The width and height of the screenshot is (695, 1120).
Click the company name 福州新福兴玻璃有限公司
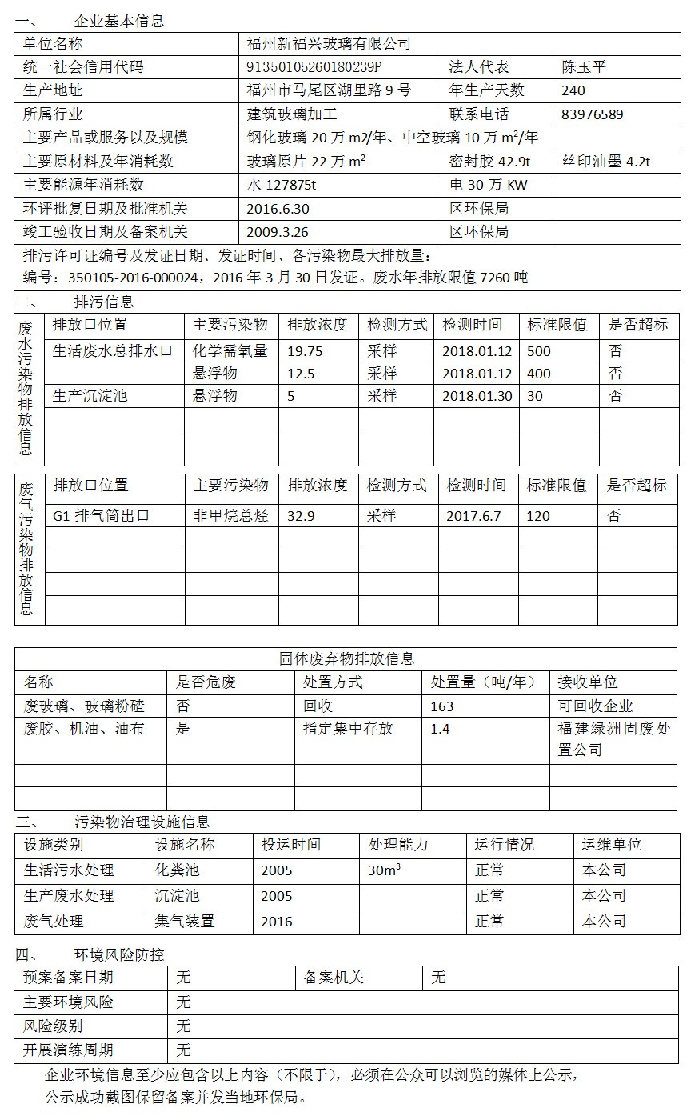pyautogui.click(x=329, y=44)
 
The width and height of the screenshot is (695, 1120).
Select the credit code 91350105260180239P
pyautogui.click(x=314, y=67)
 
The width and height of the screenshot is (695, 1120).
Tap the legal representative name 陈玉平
pyautogui.click(x=584, y=67)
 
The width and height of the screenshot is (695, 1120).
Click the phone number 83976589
pyautogui.click(x=593, y=114)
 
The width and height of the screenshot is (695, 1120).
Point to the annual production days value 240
pyautogui.click(x=573, y=90)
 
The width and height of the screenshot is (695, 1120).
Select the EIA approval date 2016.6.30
pyautogui.click(x=278, y=209)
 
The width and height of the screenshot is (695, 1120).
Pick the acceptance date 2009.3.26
pyautogui.click(x=278, y=232)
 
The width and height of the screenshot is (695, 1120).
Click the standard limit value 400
pyautogui.click(x=539, y=374)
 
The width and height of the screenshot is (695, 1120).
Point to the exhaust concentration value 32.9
pyautogui.click(x=301, y=516)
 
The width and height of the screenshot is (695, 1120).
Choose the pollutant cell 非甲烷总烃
pyautogui.click(x=230, y=516)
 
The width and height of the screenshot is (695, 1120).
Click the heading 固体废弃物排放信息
pyautogui.click(x=346, y=659)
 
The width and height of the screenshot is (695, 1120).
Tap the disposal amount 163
pyautogui.click(x=441, y=706)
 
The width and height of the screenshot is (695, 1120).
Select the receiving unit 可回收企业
pyautogui.click(x=595, y=706)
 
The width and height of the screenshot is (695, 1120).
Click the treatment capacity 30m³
pyautogui.click(x=384, y=870)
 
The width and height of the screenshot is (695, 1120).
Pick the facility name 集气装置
pyautogui.click(x=185, y=922)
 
